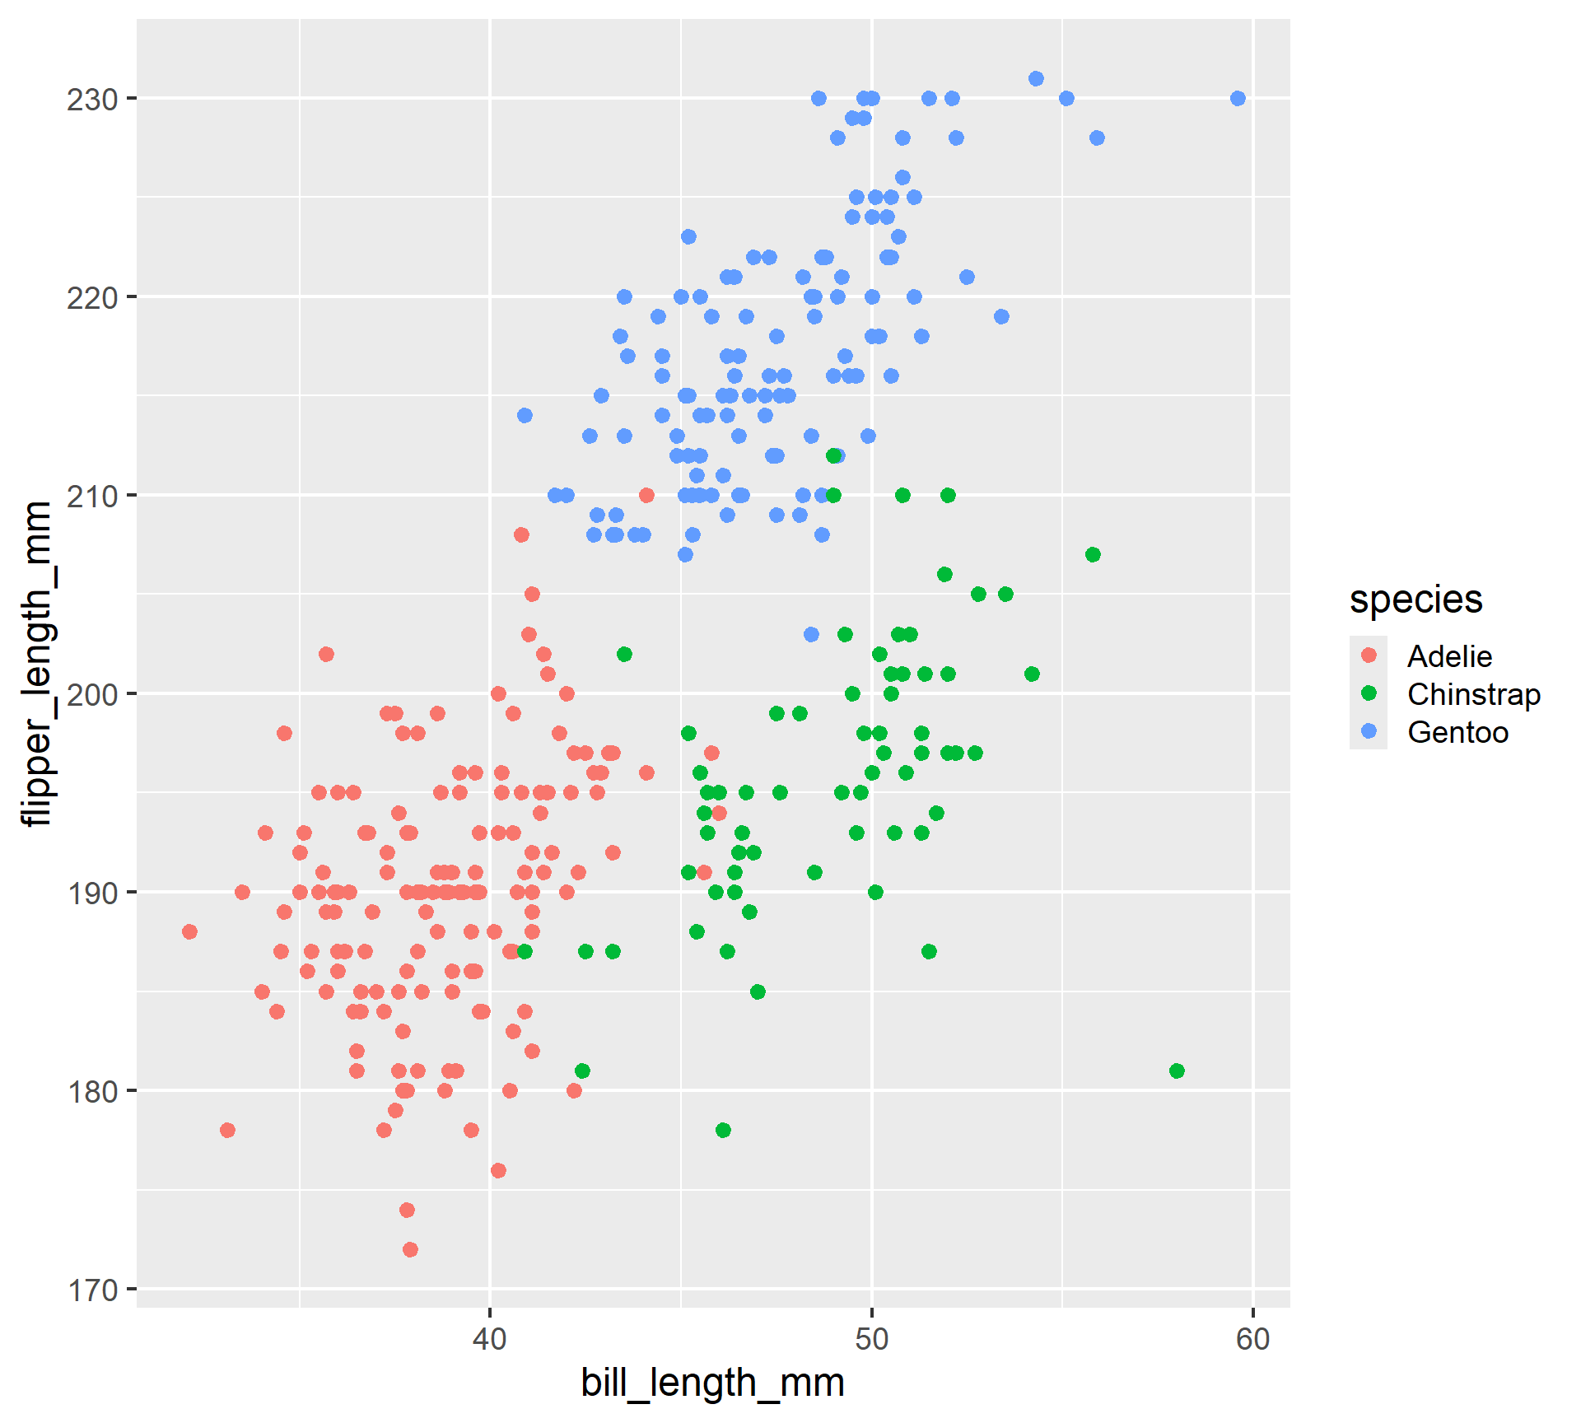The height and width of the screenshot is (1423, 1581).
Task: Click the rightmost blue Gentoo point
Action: pos(1238,99)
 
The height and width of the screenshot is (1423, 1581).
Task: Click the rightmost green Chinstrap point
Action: pos(1177,1071)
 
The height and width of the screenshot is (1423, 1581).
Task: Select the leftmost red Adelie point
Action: pos(189,931)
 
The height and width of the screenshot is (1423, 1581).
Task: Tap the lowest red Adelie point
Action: pos(410,1249)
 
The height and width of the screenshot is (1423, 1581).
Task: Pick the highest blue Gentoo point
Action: pos(1036,79)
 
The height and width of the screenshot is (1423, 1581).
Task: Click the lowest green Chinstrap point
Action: pos(723,1130)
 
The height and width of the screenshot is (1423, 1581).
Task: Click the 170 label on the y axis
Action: pos(92,1290)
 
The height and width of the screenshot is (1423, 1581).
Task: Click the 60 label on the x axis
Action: pos(1252,1340)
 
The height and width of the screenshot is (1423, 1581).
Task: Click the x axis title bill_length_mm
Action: pos(712,1383)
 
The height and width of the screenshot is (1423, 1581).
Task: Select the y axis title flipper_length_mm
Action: pos(38,663)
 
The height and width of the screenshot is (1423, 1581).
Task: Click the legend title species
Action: pos(1415,600)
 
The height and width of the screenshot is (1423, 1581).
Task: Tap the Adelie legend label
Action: pos(1449,656)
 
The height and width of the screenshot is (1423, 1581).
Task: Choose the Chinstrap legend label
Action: pos(1473,694)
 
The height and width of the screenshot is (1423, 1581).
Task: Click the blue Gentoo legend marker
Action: pos(1369,731)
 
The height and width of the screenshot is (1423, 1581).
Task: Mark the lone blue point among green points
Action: pos(811,634)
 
